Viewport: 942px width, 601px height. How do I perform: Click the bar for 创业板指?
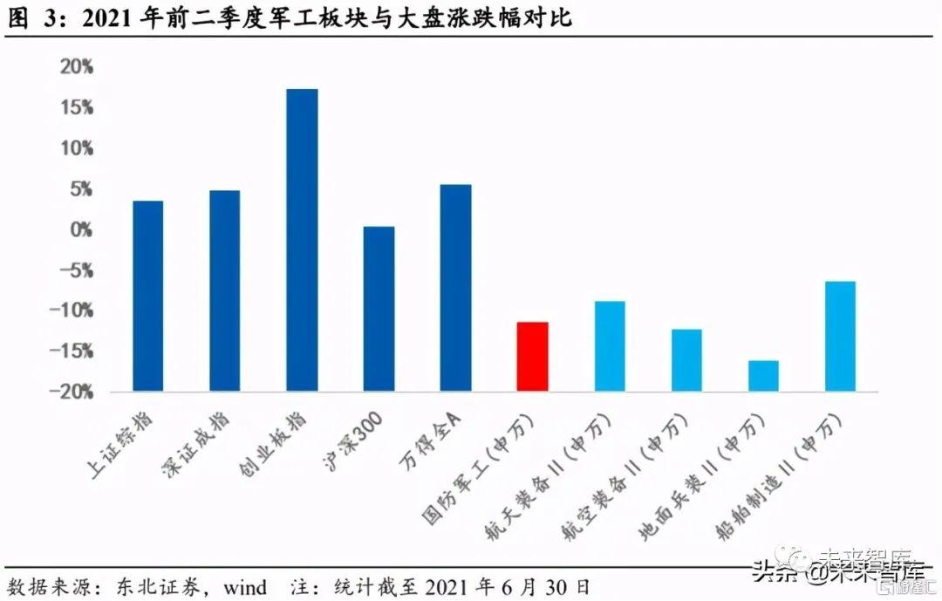point(302,240)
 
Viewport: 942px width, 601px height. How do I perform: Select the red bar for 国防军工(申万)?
point(532,356)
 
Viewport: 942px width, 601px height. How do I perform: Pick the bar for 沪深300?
point(379,308)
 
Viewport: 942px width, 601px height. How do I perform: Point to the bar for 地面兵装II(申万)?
point(763,375)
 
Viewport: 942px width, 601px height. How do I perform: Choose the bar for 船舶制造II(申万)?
point(840,336)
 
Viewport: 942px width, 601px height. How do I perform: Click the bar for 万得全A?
point(455,287)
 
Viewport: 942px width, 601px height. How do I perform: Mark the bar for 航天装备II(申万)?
point(610,345)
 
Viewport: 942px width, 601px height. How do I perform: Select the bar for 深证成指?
point(224,290)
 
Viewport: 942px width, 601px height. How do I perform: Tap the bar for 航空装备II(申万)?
point(686,359)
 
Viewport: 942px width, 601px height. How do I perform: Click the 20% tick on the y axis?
point(76,67)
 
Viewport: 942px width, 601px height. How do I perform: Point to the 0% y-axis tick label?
point(80,230)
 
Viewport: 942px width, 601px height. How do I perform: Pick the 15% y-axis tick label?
point(76,108)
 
